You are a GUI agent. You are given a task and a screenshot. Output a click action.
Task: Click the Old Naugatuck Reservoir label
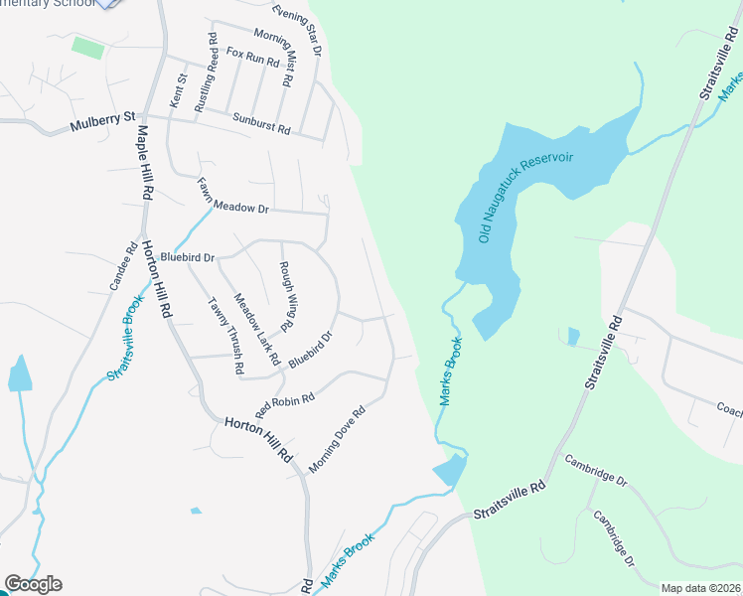point(513,198)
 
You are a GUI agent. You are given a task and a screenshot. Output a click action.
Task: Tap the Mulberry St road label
point(101,126)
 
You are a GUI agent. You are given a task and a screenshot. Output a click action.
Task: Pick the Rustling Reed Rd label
point(206,73)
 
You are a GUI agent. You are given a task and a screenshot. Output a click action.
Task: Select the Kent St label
point(179,90)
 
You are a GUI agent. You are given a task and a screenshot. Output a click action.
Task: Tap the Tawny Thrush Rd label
point(225,336)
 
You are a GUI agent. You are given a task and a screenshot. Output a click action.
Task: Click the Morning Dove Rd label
point(337,438)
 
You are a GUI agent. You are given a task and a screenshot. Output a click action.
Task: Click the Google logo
point(33,584)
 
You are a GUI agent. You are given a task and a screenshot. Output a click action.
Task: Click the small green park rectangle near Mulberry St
point(87,47)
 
